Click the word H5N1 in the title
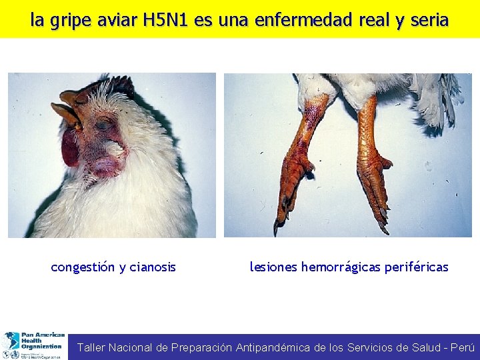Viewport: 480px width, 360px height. point(165,20)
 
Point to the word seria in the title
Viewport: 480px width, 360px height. point(428,20)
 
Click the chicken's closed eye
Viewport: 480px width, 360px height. point(103,125)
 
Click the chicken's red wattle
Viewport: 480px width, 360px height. point(71,148)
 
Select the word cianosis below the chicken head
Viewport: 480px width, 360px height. point(153,267)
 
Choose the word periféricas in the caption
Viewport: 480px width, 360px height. point(417,267)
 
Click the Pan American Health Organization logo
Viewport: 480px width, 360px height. point(33,345)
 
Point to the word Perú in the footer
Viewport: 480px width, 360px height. point(463,347)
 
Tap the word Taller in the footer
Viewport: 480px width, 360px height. point(91,347)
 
